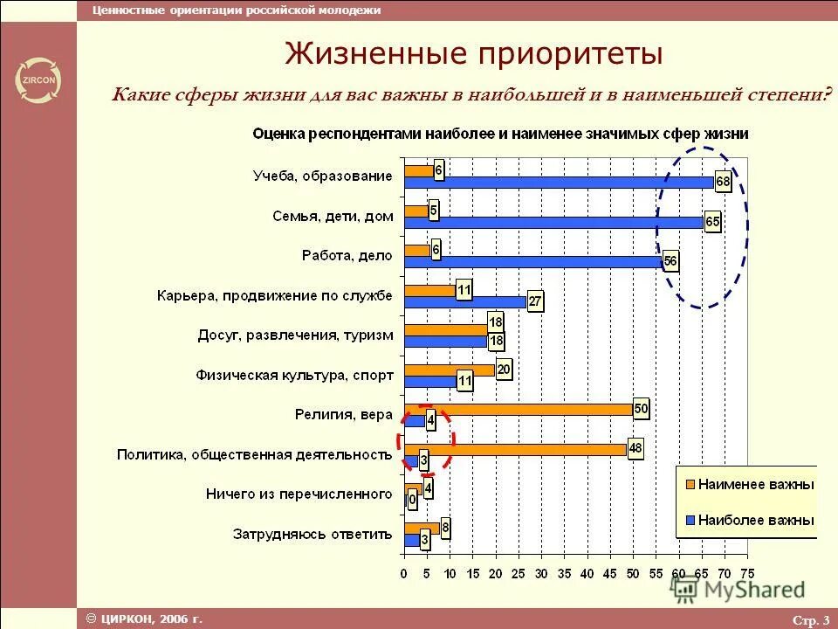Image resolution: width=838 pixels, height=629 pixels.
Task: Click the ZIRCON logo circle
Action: (38, 82)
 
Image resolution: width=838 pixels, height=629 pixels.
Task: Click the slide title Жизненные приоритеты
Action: (474, 54)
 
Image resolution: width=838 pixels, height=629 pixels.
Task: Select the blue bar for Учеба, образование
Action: (559, 183)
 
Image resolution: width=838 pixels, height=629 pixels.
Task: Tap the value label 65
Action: (712, 222)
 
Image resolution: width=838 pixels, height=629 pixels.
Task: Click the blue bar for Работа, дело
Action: (532, 260)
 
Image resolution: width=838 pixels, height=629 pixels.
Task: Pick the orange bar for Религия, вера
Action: (519, 409)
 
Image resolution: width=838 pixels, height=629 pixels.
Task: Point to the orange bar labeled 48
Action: (515, 449)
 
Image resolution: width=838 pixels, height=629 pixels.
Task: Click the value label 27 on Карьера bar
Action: (535, 302)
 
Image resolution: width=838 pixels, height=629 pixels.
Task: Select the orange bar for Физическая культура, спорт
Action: (450, 370)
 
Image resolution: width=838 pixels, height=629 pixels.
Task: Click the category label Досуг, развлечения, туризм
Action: (295, 335)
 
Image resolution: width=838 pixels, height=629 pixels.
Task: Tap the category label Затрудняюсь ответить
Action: (313, 533)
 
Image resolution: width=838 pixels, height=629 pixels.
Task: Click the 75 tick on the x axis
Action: (747, 574)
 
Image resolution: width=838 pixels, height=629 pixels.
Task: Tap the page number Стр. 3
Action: (810, 620)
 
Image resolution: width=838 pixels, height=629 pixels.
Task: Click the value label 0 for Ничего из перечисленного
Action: (412, 501)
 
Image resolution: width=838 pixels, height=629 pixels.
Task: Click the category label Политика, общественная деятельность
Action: (253, 454)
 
